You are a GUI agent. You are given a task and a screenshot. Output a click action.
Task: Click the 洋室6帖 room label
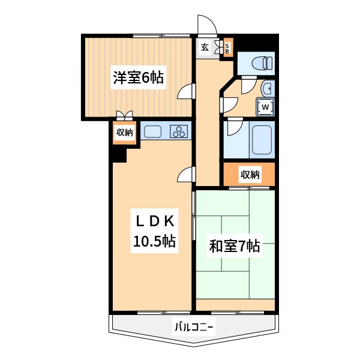(138, 78)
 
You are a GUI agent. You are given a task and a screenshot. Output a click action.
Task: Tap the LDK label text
(154, 221)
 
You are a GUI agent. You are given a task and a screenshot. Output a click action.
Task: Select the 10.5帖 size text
(154, 241)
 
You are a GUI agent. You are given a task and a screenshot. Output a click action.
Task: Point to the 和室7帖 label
(235, 246)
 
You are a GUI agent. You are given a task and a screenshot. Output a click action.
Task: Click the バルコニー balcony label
(194, 328)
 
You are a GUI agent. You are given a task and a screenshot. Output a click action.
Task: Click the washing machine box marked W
(266, 107)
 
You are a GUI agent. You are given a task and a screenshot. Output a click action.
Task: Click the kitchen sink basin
(152, 131)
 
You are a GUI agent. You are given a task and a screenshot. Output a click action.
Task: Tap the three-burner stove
(179, 131)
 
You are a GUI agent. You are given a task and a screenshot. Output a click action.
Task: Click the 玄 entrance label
(205, 47)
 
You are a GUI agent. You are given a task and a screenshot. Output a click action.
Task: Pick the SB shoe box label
(227, 48)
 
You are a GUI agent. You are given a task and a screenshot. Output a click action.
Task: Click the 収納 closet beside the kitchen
(124, 133)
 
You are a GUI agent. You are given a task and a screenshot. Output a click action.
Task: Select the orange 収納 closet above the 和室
(250, 175)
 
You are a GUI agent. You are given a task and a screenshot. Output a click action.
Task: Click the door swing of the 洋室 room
(187, 92)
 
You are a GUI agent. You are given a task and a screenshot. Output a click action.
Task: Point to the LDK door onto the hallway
(187, 175)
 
